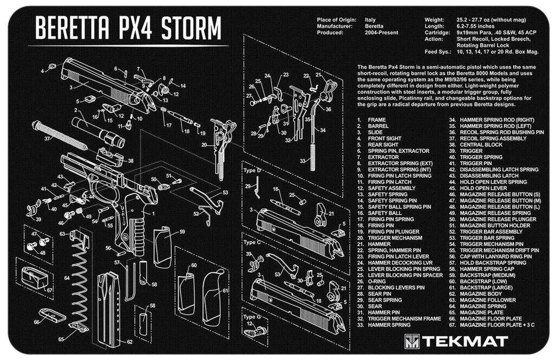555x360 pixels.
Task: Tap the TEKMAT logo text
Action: pos(464,341)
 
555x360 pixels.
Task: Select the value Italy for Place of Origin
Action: pos(371,20)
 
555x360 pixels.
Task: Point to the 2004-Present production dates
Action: pos(382,33)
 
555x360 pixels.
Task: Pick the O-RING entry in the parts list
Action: pos(377,281)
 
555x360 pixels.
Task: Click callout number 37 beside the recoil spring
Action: pos(47,139)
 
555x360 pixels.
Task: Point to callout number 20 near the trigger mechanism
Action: pos(204,145)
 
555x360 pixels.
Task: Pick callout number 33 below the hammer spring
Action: pos(302,161)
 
